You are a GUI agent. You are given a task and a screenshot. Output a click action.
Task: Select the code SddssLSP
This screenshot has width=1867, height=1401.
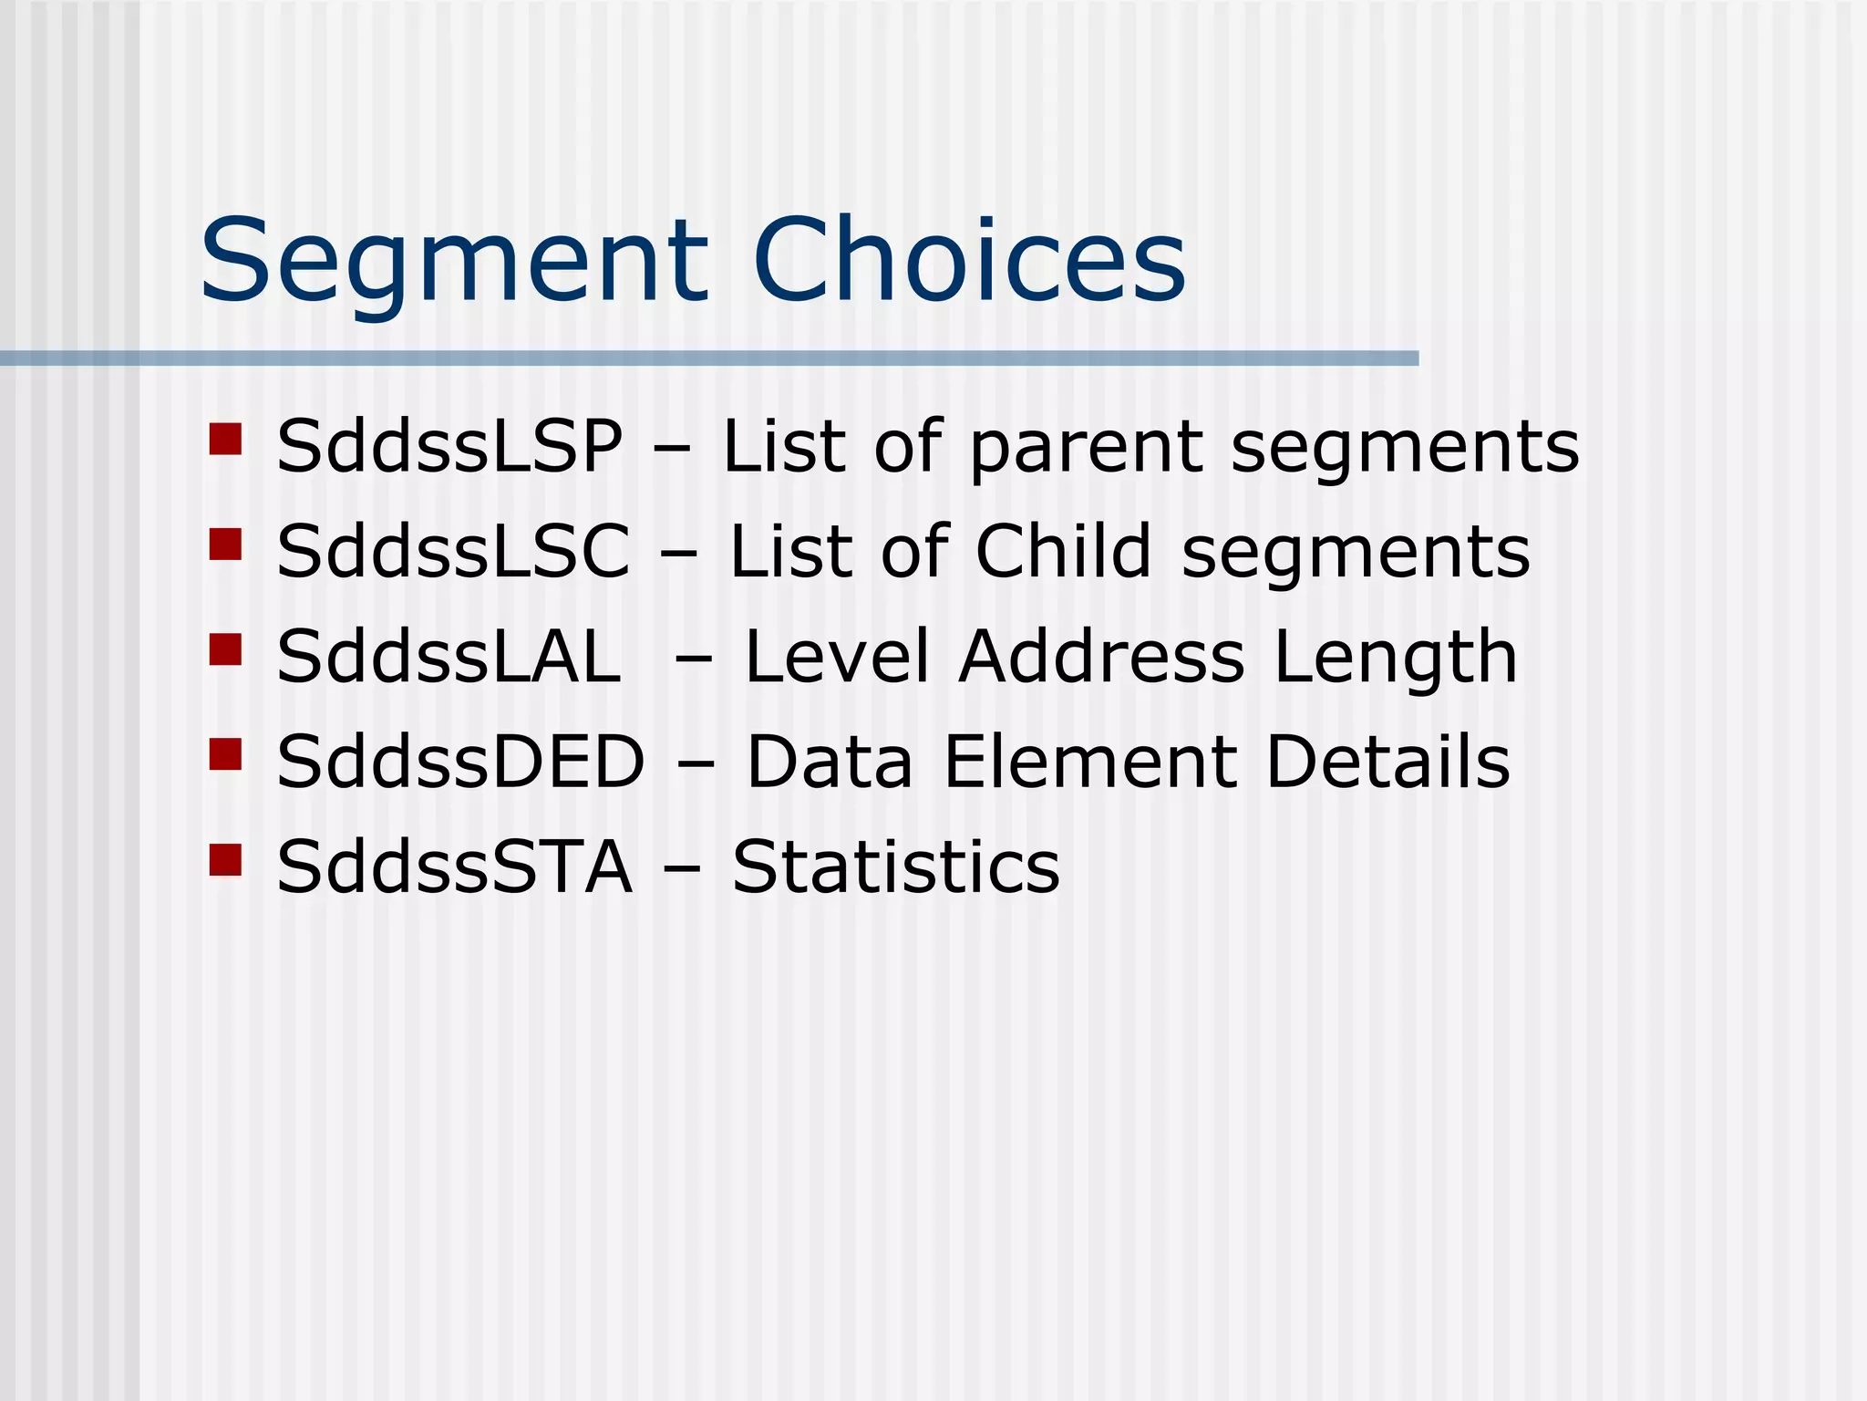[x=450, y=447]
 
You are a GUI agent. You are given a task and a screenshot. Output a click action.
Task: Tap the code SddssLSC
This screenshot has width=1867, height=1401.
[x=453, y=552]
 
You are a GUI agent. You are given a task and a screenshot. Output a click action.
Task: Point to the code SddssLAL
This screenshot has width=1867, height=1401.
[x=449, y=657]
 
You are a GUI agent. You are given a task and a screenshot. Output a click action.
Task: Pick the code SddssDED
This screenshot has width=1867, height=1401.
[x=460, y=762]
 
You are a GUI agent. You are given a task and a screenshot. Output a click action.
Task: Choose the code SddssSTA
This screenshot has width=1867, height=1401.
[x=454, y=867]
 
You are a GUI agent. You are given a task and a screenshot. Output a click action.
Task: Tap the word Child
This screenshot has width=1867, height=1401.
[x=1064, y=551]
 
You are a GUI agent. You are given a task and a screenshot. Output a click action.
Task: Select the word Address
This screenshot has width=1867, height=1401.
[x=1101, y=657]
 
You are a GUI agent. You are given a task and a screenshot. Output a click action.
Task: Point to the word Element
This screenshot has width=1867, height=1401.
[x=1090, y=762]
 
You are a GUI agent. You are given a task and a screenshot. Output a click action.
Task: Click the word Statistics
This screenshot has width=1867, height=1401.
[x=896, y=867]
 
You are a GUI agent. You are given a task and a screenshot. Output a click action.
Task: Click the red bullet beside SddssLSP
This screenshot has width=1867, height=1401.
[x=225, y=439]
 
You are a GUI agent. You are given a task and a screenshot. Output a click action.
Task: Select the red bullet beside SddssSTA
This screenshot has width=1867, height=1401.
[x=225, y=859]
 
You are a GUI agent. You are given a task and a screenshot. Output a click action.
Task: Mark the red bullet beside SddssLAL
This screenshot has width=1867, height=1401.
[x=225, y=649]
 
